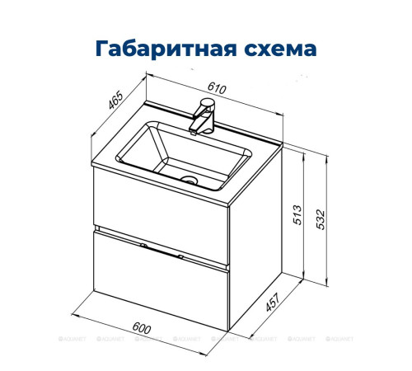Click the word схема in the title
coord(276,47)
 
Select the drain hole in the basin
coord(190,178)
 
